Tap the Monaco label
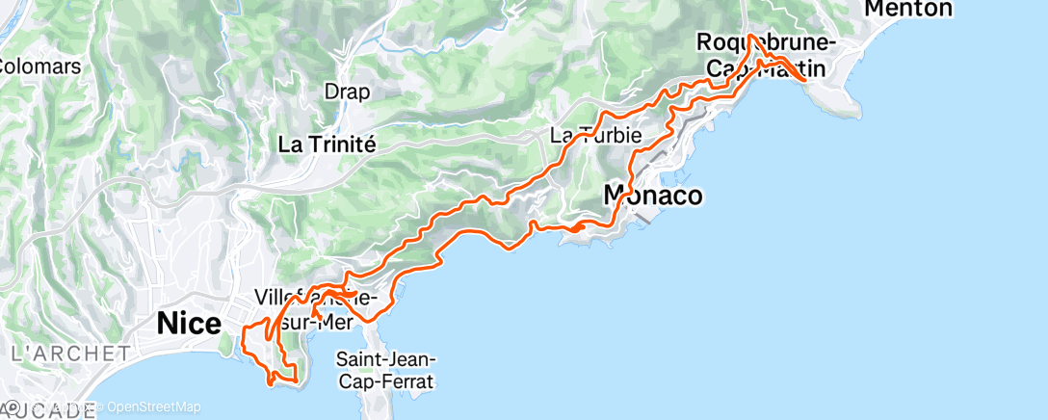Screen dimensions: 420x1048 point(652,196)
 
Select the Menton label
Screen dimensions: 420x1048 point(908,10)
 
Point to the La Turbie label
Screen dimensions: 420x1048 point(595,135)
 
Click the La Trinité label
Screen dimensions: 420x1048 point(326,144)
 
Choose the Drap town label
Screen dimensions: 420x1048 point(347,92)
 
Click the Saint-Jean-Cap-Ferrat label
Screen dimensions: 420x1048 point(385,370)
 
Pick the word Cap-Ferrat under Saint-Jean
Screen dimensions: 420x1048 point(385,381)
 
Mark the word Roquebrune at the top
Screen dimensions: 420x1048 point(762,43)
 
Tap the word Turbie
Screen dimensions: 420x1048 point(609,135)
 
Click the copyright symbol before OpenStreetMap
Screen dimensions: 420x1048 point(101,407)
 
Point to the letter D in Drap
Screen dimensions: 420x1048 point(330,92)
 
